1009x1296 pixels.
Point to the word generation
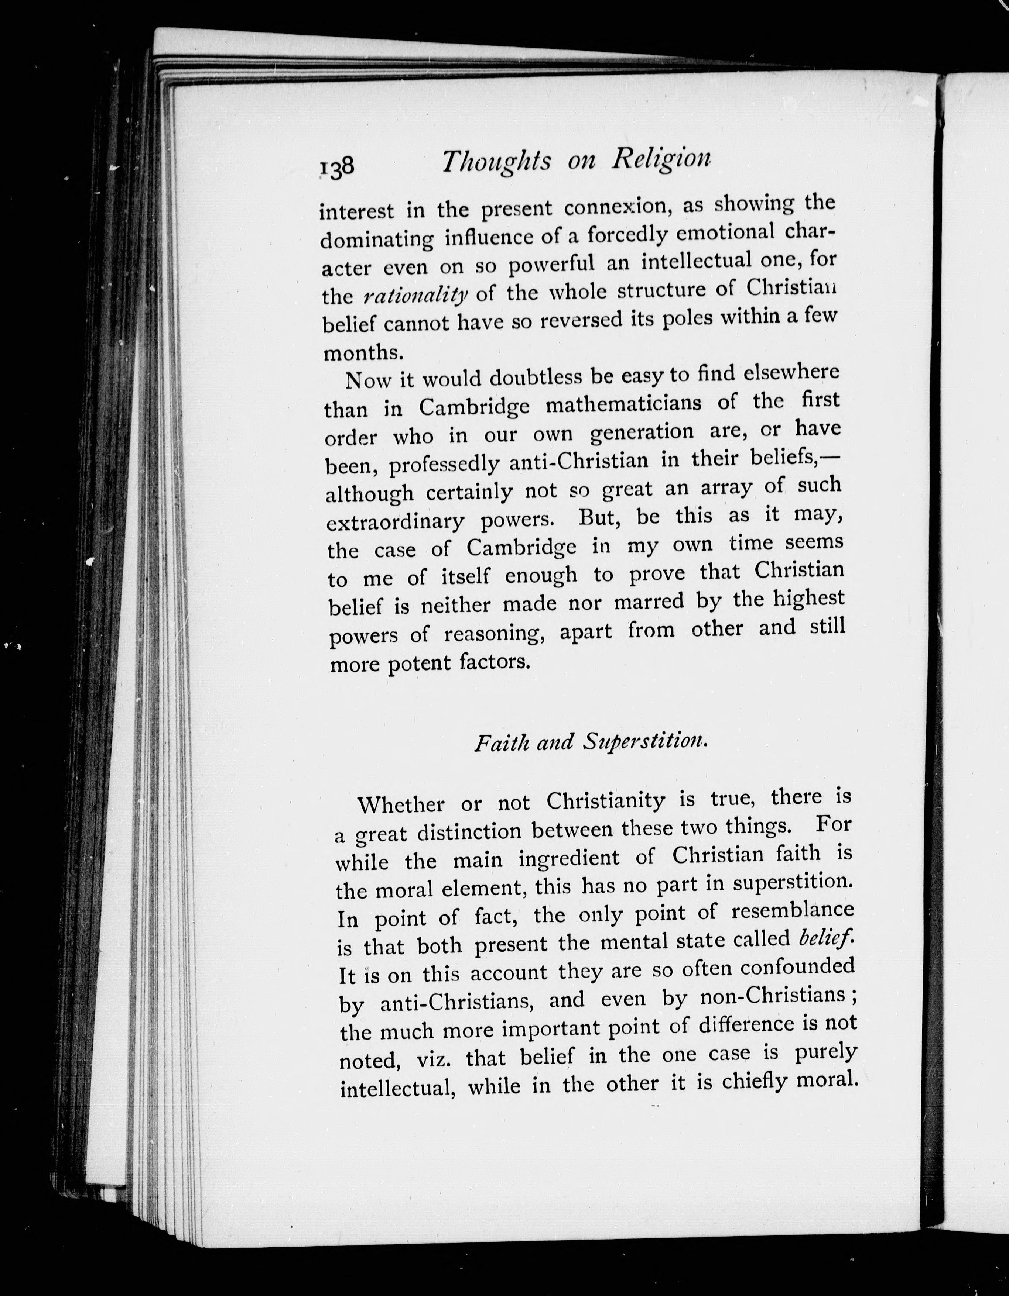click(642, 432)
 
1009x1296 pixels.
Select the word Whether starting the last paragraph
click(401, 805)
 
